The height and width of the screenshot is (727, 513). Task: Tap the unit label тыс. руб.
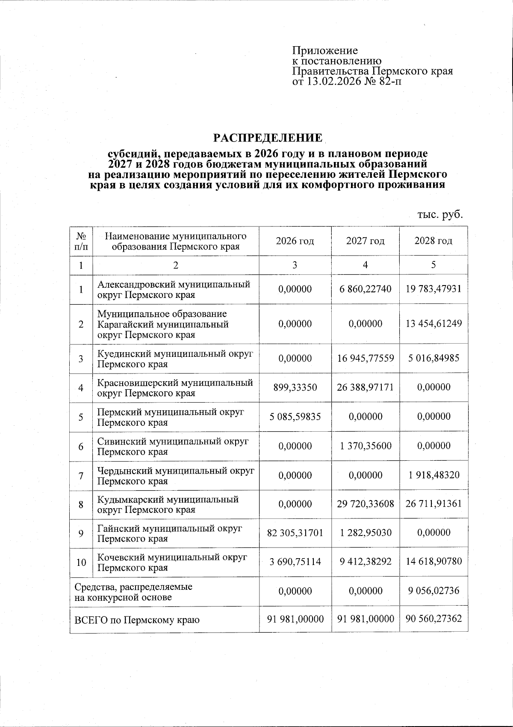click(x=440, y=215)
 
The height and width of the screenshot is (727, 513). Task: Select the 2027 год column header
click(x=365, y=241)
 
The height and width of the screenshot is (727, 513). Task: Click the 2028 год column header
click(x=433, y=241)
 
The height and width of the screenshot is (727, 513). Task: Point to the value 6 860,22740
click(x=365, y=289)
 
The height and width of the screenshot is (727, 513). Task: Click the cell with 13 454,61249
click(x=433, y=324)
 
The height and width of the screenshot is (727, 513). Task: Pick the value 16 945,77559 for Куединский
click(x=365, y=359)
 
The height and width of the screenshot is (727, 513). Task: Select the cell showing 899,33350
click(x=295, y=388)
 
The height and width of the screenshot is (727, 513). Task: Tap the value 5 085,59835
click(x=295, y=417)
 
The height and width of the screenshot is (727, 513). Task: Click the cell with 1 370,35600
click(x=365, y=446)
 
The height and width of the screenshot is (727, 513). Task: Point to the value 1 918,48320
click(x=433, y=475)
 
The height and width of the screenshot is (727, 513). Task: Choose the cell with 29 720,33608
click(x=365, y=504)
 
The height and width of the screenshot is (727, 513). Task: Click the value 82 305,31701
click(x=295, y=533)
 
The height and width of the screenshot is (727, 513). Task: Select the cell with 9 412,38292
click(x=365, y=562)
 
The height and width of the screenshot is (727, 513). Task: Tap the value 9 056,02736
click(x=433, y=591)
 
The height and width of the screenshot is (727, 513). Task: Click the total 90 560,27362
click(x=433, y=618)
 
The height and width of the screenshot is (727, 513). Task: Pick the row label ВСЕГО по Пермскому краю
click(x=137, y=619)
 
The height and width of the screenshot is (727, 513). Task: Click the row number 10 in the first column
click(x=81, y=562)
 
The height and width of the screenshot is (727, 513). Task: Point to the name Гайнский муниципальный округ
click(x=169, y=528)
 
